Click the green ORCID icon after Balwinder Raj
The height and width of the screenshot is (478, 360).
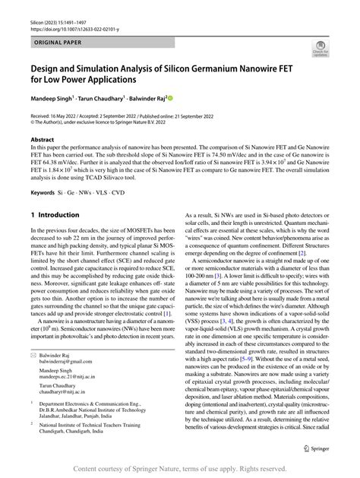171,98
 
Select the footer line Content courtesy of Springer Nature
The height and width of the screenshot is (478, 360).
179,470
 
